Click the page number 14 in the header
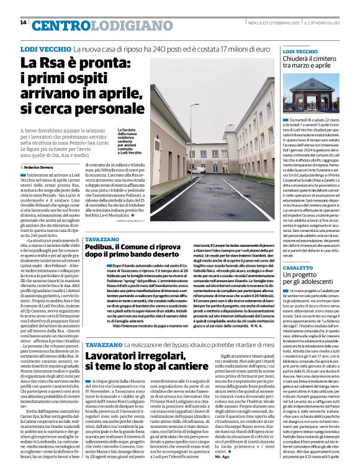(24, 23)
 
